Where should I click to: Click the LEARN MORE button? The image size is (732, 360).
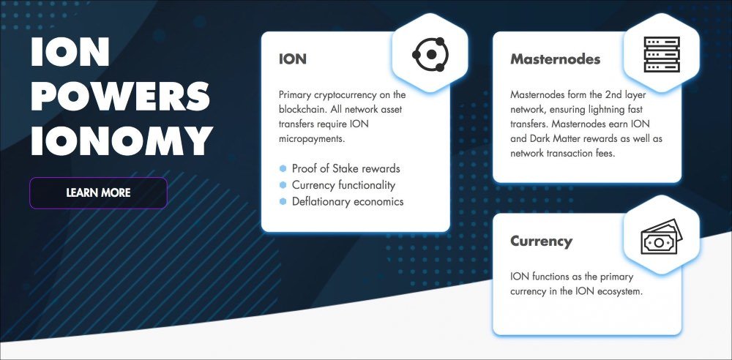[x=98, y=193]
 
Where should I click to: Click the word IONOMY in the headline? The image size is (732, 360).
[x=122, y=140]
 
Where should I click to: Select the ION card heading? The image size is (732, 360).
[x=292, y=59]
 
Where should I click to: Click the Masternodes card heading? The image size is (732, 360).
[x=555, y=59]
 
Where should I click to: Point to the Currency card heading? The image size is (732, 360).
[x=541, y=241]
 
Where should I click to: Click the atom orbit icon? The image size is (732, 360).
[x=430, y=55]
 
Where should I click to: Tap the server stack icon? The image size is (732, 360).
[x=662, y=55]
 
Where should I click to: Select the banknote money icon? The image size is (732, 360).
[x=662, y=237]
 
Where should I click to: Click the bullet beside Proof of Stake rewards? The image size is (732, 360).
[x=283, y=168]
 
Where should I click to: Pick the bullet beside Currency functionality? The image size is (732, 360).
[x=283, y=185]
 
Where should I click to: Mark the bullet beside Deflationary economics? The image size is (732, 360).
[x=283, y=201]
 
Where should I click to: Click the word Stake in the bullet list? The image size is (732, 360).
[x=346, y=168]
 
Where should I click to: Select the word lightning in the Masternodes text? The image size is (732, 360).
[x=606, y=110]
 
